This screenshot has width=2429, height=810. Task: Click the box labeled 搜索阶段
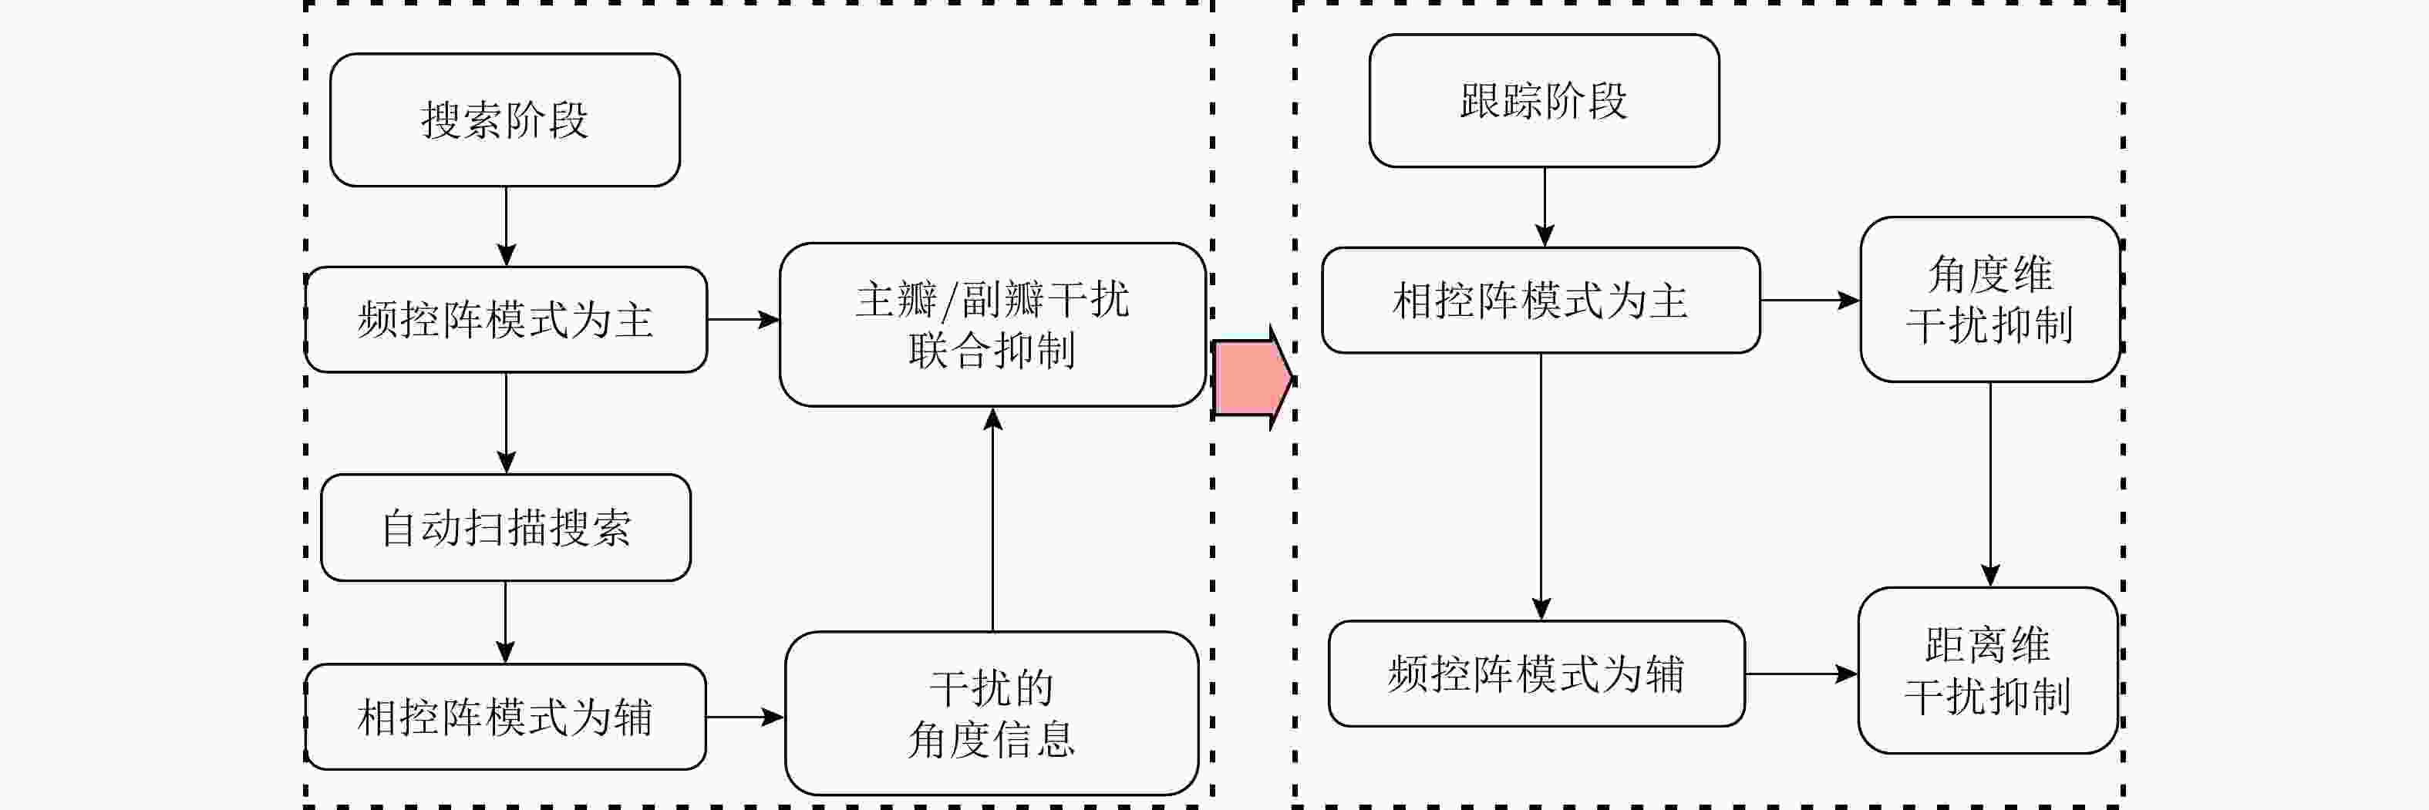504,119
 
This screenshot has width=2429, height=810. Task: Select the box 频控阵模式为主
505,320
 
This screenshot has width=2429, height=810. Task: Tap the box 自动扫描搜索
505,527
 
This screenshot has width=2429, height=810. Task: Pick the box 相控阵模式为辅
505,717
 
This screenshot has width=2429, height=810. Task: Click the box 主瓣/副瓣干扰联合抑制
992,324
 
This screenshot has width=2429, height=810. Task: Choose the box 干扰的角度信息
991,713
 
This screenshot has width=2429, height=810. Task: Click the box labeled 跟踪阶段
1544,101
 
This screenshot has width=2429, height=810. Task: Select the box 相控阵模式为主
1540,301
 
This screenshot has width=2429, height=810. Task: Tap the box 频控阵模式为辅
1536,674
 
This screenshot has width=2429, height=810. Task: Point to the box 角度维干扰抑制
1989,300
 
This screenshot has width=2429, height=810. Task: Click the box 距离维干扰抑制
1988,671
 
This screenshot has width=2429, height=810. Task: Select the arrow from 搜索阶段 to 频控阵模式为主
507,227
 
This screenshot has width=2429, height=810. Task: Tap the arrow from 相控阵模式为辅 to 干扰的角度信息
745,718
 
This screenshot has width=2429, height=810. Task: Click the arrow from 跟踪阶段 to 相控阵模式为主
1545,207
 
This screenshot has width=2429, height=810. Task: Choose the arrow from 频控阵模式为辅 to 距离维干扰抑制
1801,674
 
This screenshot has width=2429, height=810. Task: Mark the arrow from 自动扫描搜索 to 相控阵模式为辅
505,623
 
